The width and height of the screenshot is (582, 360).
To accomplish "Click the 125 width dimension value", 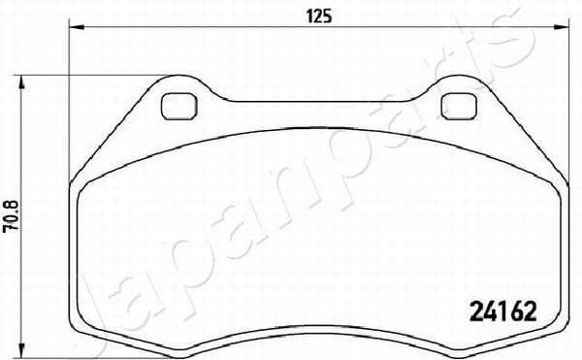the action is click(x=319, y=16).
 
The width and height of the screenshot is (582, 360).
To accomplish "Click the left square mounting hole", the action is click(x=179, y=107).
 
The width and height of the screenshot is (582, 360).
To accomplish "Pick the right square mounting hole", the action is click(x=459, y=107).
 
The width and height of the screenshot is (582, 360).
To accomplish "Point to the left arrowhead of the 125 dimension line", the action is click(x=77, y=27).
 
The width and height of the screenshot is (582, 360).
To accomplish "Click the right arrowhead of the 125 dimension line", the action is click(x=561, y=27).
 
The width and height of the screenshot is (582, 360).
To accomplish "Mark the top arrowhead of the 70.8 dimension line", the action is click(x=22, y=82).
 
